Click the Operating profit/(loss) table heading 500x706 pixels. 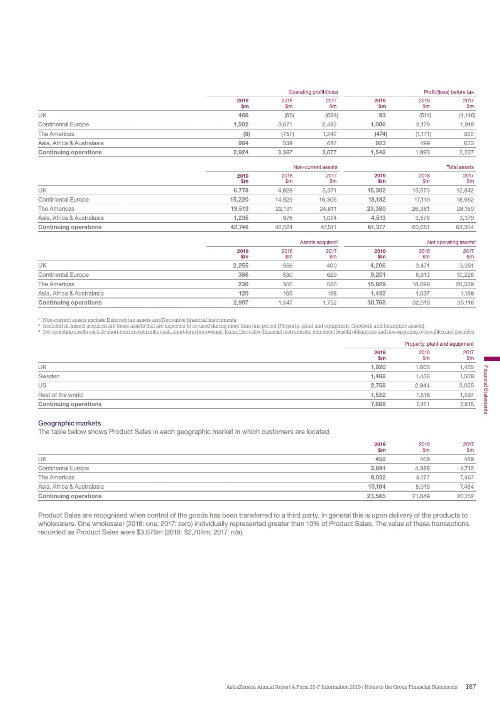pos(313,92)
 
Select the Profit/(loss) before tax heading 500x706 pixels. pos(448,92)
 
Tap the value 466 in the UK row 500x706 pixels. pos(243,115)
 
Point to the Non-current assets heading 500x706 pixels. pos(315,167)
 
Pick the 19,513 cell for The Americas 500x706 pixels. pos(239,209)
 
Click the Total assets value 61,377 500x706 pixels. pos(376,227)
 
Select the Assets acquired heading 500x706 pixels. pos(319,242)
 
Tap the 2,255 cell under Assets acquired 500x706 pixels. pos(240,266)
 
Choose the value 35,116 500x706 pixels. pos(465,303)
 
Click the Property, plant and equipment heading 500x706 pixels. pos(439,344)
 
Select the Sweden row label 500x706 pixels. pos(49,377)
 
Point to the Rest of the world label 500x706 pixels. pos(60,395)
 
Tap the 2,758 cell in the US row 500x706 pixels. pos(378,386)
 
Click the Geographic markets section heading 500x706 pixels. pos(69,423)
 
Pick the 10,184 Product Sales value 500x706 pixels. pos(377,487)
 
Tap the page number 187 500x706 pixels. pos(471,687)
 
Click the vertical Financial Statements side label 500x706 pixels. pos(486,389)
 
